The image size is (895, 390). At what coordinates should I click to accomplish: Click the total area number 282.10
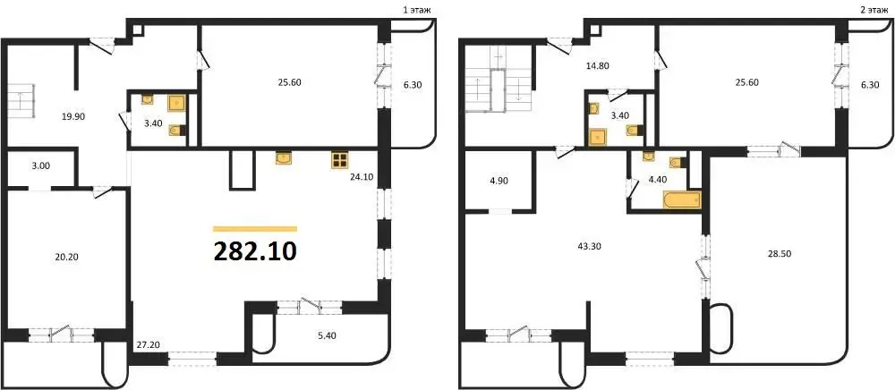[255, 250]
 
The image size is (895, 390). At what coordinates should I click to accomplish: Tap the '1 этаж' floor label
[415, 9]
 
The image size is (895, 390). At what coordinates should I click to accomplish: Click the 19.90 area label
[73, 116]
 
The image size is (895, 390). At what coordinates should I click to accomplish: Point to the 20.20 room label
[66, 257]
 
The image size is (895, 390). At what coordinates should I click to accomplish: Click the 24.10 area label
[362, 177]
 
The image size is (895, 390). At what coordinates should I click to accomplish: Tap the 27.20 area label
[148, 344]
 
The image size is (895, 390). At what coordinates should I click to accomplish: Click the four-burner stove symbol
[339, 160]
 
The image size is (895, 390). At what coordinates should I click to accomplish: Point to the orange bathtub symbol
[681, 199]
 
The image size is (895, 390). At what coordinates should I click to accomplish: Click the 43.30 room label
[590, 246]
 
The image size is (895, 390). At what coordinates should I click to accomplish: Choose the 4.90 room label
[499, 181]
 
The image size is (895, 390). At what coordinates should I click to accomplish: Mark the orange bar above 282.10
[255, 229]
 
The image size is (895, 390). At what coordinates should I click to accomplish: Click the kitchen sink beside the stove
[284, 158]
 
